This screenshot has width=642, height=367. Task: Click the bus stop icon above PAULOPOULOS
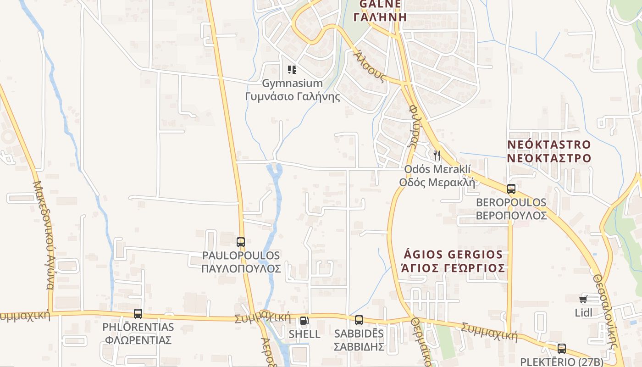tap(241, 242)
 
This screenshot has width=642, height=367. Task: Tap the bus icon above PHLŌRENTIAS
tap(138, 314)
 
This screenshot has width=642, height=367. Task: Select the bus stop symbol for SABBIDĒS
tap(359, 320)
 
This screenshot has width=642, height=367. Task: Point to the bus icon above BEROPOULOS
tap(511, 189)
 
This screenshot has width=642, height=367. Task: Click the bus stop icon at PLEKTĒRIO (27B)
tap(562, 348)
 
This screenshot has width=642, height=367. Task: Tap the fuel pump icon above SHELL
tap(304, 321)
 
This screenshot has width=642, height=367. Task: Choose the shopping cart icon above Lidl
tap(583, 300)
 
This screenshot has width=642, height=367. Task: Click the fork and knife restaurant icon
tap(437, 156)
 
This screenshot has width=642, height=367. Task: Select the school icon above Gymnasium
tap(292, 70)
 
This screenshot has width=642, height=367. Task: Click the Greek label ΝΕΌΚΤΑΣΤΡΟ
tap(549, 158)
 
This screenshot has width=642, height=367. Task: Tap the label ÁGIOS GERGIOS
tap(453, 254)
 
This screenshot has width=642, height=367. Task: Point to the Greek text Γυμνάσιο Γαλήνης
tap(293, 97)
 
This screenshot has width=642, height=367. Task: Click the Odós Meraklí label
tap(437, 169)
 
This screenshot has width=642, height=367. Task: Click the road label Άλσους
tap(370, 67)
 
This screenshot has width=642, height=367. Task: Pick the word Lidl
tap(583, 313)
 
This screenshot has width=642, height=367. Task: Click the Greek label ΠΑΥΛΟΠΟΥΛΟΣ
tap(241, 268)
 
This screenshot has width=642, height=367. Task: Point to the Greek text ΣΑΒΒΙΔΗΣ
tap(359, 346)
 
